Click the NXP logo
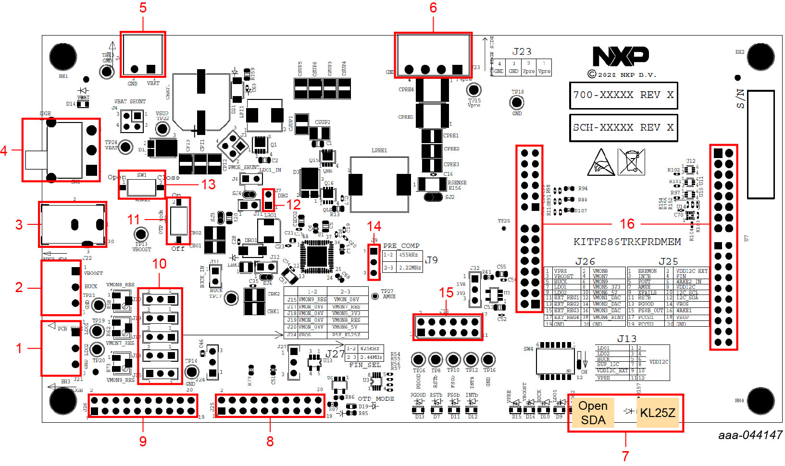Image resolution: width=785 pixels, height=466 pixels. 621,56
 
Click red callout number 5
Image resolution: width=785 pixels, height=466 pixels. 143,8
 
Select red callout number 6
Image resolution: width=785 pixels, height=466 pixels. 433,8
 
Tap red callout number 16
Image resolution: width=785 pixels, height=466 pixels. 627,224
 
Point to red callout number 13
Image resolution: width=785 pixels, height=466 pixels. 208,184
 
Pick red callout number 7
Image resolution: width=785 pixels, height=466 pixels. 625,454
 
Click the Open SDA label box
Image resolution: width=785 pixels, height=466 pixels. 593,413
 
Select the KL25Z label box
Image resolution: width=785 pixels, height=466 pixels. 657,413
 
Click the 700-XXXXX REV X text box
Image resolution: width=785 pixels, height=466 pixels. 623,95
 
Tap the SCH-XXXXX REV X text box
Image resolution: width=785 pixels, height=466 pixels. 623,128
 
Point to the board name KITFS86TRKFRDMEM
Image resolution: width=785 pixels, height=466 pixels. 627,242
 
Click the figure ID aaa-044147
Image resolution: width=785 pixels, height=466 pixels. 750,435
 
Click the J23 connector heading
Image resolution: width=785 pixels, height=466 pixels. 522,52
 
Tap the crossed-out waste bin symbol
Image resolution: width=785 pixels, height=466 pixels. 631,162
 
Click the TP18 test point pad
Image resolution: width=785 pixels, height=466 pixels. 517,102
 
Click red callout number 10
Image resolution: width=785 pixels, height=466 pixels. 159,264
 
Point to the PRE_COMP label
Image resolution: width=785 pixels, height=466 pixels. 401,245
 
